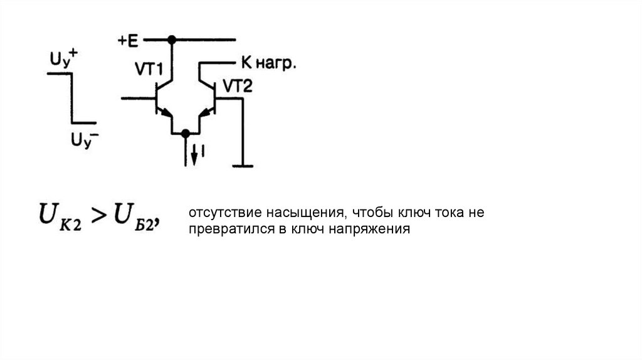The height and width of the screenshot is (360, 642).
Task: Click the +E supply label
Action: [127, 41]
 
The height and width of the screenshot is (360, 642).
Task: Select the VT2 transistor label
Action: [238, 87]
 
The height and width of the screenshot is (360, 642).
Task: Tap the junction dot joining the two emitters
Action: [185, 133]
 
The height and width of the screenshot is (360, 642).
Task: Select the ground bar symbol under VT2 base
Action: [241, 166]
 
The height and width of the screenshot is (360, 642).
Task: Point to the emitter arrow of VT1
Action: [165, 113]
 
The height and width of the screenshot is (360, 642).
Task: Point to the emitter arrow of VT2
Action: [204, 113]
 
